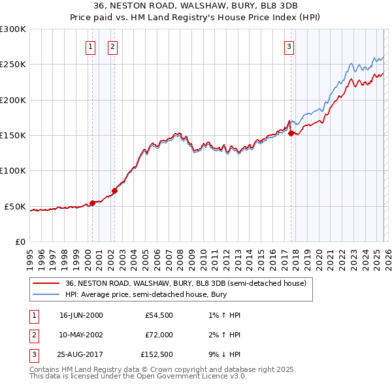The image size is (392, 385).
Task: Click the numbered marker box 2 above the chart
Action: (112, 46)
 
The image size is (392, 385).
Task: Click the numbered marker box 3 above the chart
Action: (289, 46)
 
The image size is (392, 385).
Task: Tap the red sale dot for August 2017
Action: (291, 133)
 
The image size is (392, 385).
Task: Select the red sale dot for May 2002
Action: (114, 191)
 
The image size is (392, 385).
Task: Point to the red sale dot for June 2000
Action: (92, 203)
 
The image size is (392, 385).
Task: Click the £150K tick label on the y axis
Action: (13, 136)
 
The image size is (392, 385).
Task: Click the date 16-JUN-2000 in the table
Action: (81, 315)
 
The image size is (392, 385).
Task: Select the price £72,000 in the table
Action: (159, 334)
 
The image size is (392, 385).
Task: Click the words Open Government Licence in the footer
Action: (191, 376)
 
